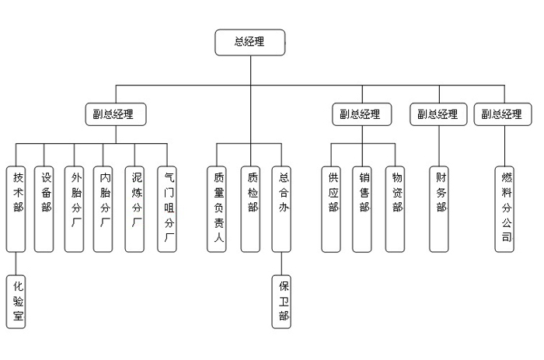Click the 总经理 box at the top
pyautogui.click(x=249, y=42)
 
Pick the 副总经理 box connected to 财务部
pyautogui.click(x=438, y=114)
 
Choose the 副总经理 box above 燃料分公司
pyautogui.click(x=502, y=114)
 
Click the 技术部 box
pyautogui.click(x=16, y=208)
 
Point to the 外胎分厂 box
pyautogui.click(x=74, y=208)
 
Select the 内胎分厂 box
pyautogui.click(x=104, y=208)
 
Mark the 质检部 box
pyautogui.click(x=250, y=208)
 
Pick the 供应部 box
pyautogui.click(x=331, y=208)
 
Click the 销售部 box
pyautogui.click(x=362, y=208)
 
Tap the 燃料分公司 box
pyautogui.click(x=505, y=208)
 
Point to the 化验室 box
pyautogui.click(x=16, y=301)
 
